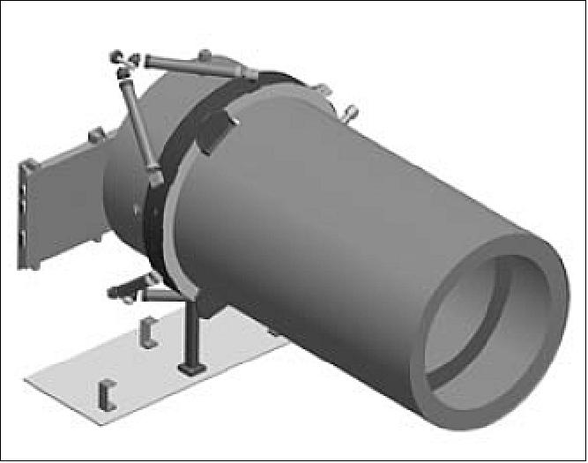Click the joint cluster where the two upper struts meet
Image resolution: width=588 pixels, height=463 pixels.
pyautogui.click(x=124, y=60)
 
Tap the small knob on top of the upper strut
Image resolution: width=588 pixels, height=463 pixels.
pyautogui.click(x=205, y=55)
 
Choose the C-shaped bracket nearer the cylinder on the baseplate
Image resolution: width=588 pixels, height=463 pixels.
pyautogui.click(x=148, y=333)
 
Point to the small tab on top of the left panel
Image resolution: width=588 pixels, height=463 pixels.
pyautogui.click(x=97, y=136)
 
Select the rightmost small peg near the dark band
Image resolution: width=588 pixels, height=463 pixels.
pyautogui.click(x=350, y=114)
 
